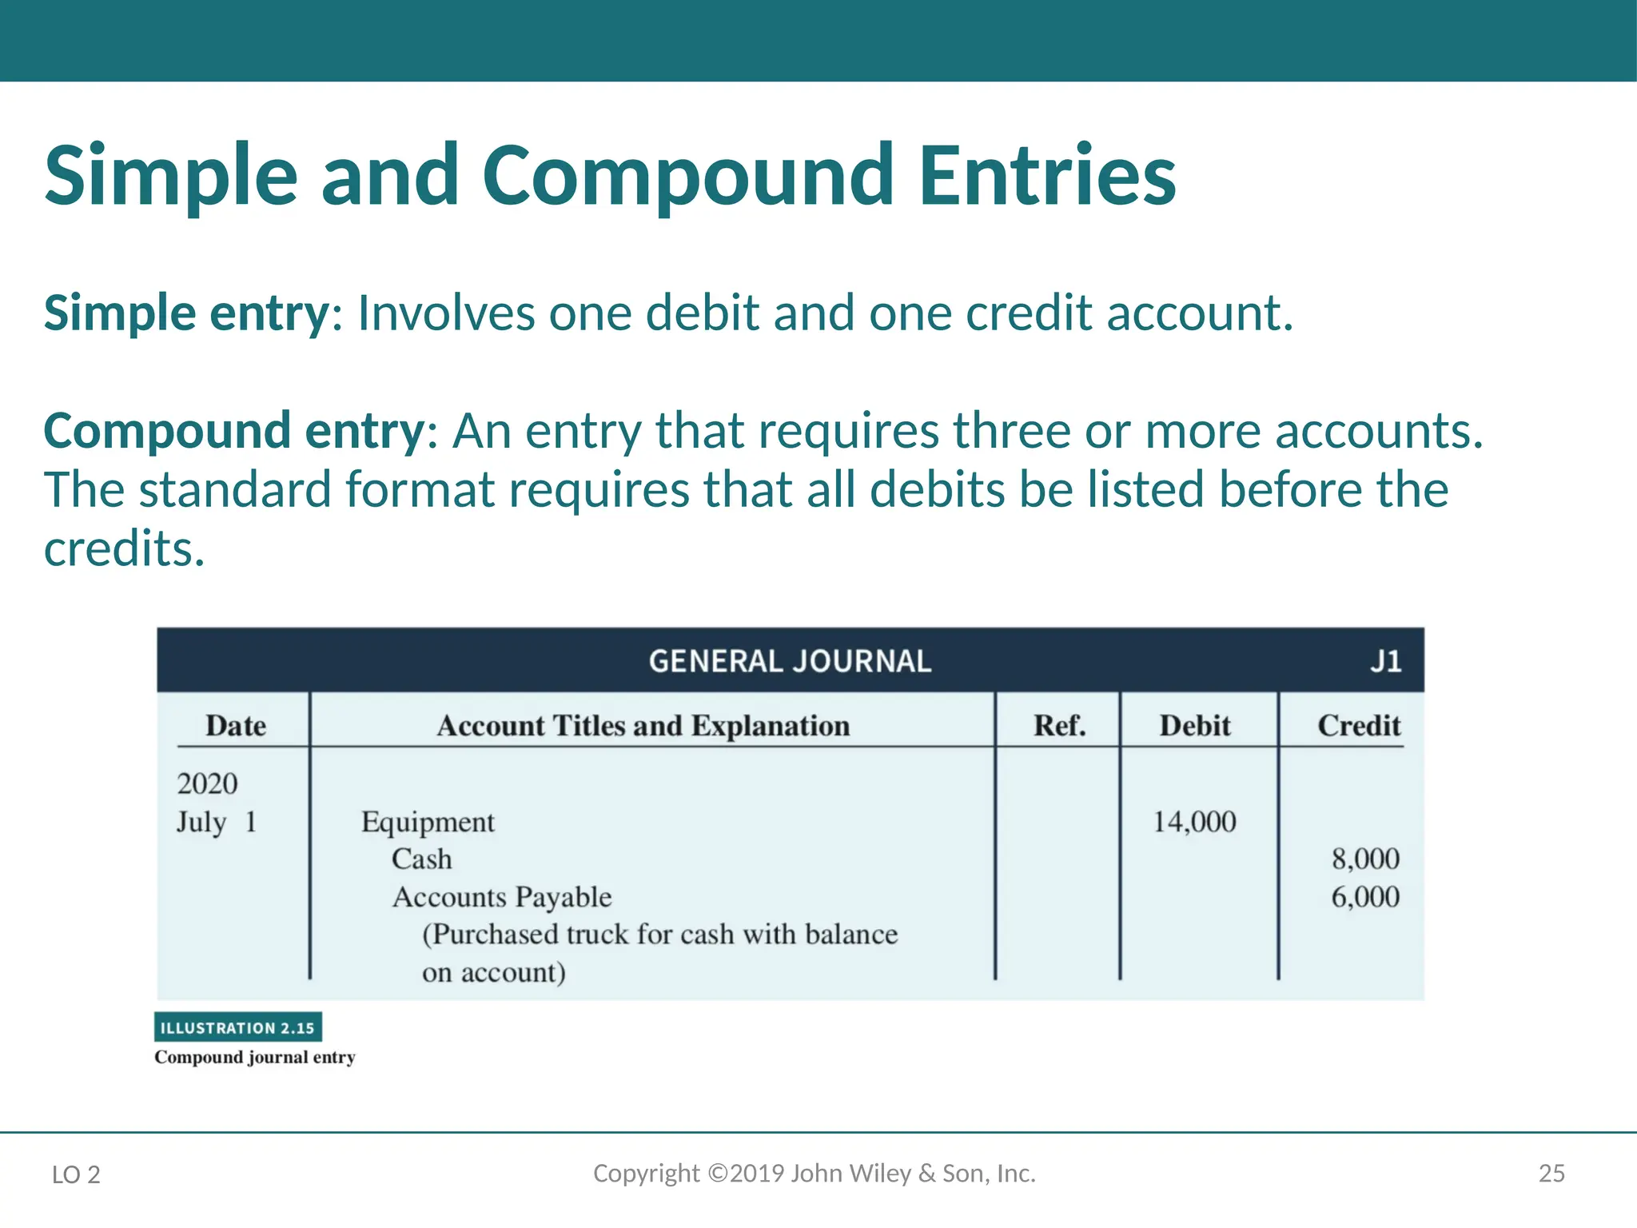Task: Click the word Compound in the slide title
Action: click(687, 176)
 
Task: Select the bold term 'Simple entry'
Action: click(185, 313)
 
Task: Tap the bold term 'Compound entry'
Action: click(233, 431)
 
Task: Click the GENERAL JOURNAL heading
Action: click(790, 661)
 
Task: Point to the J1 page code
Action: click(1386, 661)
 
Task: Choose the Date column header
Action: click(236, 725)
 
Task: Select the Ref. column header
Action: click(1060, 725)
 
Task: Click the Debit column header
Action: click(1195, 725)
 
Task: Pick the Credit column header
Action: click(1359, 725)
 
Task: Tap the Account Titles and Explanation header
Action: click(643, 725)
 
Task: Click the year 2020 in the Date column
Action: click(207, 783)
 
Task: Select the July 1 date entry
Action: click(217, 822)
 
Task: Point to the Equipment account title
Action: click(428, 822)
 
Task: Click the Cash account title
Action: click(421, 859)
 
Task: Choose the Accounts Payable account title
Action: click(502, 897)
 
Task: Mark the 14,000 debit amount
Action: click(1194, 822)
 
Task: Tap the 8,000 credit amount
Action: click(1365, 859)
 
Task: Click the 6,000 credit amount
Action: click(1365, 897)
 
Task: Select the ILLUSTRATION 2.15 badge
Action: click(238, 1027)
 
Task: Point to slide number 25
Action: click(1551, 1174)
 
